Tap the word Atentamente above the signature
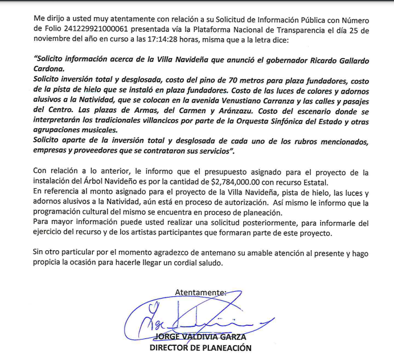[x=200, y=292]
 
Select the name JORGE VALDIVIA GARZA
[x=200, y=337]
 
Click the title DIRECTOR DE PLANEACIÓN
[x=200, y=348]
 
